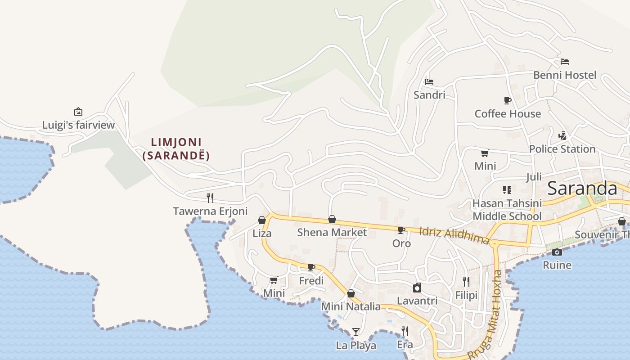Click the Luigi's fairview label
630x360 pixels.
79,125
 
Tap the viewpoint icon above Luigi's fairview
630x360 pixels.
78,112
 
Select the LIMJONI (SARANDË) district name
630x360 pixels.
176,149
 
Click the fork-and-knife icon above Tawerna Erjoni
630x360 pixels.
210,198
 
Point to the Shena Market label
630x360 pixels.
332,233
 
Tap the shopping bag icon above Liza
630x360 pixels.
262,220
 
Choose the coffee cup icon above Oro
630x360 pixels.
401,230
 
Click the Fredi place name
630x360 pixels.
311,281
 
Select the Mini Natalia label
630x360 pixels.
351,307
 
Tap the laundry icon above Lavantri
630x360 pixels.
417,288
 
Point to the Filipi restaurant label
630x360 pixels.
466,296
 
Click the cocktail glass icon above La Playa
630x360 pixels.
356,332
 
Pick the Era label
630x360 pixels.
405,345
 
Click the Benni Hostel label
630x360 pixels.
565,75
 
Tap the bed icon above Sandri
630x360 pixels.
429,82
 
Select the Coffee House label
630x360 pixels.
508,114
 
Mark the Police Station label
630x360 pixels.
562,149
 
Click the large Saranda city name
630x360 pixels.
582,189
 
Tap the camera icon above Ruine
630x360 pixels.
557,252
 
